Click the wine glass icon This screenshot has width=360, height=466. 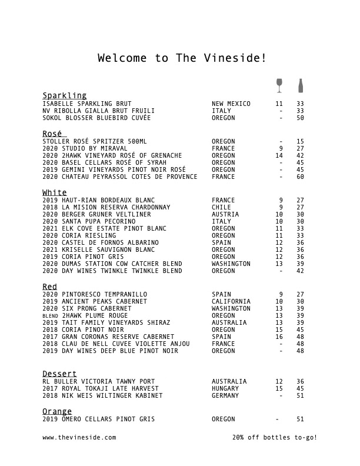279,86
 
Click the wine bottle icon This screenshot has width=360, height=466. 301,86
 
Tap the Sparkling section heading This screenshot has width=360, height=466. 65,95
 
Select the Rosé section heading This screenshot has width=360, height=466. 54,134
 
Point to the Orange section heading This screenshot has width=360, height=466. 57,411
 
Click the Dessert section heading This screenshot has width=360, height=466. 59,374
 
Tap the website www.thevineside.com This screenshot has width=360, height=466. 79,438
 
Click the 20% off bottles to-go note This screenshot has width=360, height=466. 275,438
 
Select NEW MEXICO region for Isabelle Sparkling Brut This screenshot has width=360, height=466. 231,104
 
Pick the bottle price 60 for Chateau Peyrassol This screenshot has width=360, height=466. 300,177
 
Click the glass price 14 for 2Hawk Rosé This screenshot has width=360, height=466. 279,155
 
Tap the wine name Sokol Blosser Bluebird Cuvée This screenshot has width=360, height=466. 97,118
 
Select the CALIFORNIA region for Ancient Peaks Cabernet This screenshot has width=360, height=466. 231,301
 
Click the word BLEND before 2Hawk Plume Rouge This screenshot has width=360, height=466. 51,315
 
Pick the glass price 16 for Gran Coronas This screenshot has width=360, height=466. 279,337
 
